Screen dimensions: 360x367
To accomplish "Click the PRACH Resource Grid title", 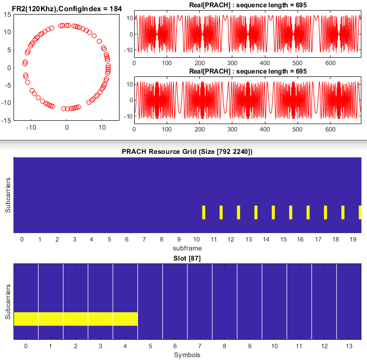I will pos(187,152).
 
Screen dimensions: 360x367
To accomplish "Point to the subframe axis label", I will pos(187,248).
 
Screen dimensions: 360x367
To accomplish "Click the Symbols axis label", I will pos(187,354).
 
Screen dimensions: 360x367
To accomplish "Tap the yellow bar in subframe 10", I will pos(204,212).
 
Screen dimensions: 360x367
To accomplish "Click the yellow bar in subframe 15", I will pos(291,212).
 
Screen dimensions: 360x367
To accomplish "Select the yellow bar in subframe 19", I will pos(360,212).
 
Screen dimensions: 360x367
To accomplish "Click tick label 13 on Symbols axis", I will pos(348,347).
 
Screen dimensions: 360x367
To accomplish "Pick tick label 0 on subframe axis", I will pos(22,240).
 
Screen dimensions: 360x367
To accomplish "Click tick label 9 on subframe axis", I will pos(178,240).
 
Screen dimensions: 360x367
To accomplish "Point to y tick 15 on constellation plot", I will pos(7,15).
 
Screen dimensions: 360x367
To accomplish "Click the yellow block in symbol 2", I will pos(76,318).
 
